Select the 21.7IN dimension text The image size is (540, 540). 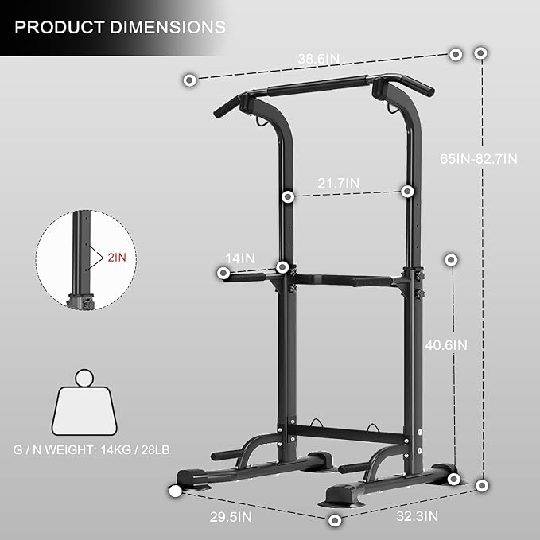pos(339,183)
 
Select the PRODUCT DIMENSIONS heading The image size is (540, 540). pos(119,27)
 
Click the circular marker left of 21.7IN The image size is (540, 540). pos(289,196)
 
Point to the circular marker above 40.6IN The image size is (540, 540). pos(452,259)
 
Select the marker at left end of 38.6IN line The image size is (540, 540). pos(189,80)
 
